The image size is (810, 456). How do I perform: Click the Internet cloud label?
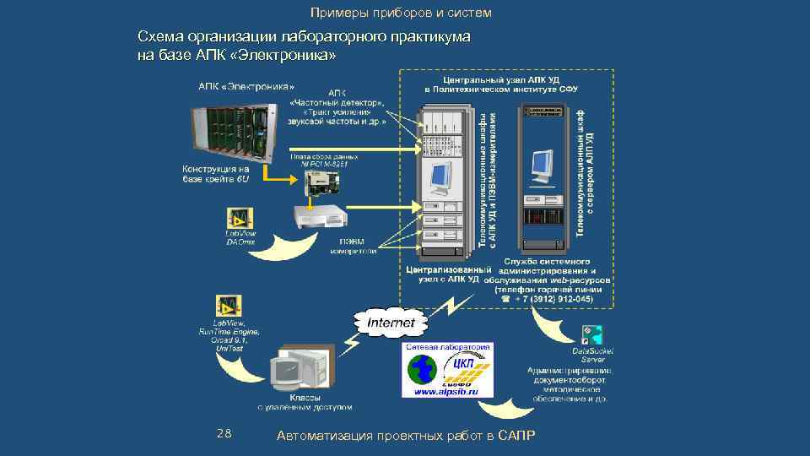pyautogui.click(x=391, y=323)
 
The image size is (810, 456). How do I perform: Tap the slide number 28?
pyautogui.click(x=224, y=434)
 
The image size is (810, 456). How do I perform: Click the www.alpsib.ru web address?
pyautogui.click(x=446, y=392)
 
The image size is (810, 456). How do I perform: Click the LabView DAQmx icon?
pyautogui.click(x=240, y=217)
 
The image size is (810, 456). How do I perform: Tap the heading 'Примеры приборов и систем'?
pyautogui.click(x=400, y=14)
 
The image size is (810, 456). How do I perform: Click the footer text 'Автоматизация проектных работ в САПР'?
pyautogui.click(x=405, y=435)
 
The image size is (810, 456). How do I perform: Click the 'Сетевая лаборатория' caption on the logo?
pyautogui.click(x=448, y=347)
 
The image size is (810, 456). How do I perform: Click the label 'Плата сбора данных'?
pyautogui.click(x=324, y=156)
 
